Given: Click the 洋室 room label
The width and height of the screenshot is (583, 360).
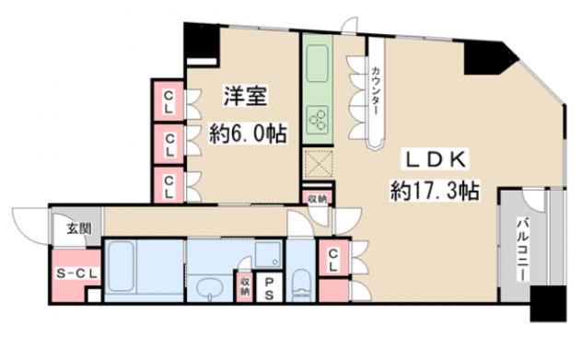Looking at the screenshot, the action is click(x=245, y=96).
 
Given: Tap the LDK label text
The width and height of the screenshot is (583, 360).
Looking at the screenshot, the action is click(x=435, y=160).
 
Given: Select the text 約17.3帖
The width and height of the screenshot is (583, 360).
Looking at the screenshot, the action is click(x=435, y=191).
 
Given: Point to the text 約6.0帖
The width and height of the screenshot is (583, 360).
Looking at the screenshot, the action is click(x=248, y=134).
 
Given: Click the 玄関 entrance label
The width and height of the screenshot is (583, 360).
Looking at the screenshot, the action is click(x=79, y=228).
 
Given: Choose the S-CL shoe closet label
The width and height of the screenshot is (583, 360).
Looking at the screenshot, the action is click(x=76, y=273).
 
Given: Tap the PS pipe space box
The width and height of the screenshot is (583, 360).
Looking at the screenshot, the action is click(x=269, y=288).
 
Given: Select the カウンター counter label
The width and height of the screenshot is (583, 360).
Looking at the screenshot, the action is click(x=376, y=90).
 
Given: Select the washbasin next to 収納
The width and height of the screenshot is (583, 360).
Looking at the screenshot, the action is click(x=210, y=288).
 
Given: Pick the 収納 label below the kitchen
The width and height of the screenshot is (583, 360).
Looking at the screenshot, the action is click(x=317, y=199).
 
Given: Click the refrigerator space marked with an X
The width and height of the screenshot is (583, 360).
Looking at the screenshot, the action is click(x=317, y=164).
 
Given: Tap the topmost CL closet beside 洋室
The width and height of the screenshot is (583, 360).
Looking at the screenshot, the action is click(x=169, y=101).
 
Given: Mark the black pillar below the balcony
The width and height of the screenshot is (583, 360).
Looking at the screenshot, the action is click(x=548, y=304).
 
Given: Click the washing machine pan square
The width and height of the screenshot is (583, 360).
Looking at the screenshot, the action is click(x=268, y=254).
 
